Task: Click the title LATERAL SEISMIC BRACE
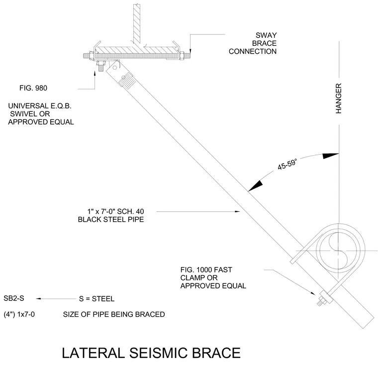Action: [151, 353]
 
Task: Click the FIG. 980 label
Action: [33, 88]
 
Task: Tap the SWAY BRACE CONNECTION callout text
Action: [253, 43]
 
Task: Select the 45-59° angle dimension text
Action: [287, 164]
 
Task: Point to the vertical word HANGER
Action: [339, 98]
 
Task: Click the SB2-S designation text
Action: [14, 298]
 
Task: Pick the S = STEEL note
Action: [96, 299]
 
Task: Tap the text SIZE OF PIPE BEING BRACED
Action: [114, 314]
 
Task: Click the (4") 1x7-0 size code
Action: [19, 314]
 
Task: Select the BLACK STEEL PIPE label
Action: [111, 219]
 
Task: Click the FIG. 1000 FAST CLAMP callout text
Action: [213, 277]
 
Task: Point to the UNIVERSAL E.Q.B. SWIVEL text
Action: [41, 114]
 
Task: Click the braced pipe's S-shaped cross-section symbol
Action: [338, 250]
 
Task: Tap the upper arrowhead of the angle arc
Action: [331, 156]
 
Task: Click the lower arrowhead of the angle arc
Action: [256, 186]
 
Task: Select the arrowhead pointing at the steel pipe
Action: [237, 211]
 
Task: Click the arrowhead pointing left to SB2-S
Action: [38, 299]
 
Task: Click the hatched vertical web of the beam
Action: [137, 24]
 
